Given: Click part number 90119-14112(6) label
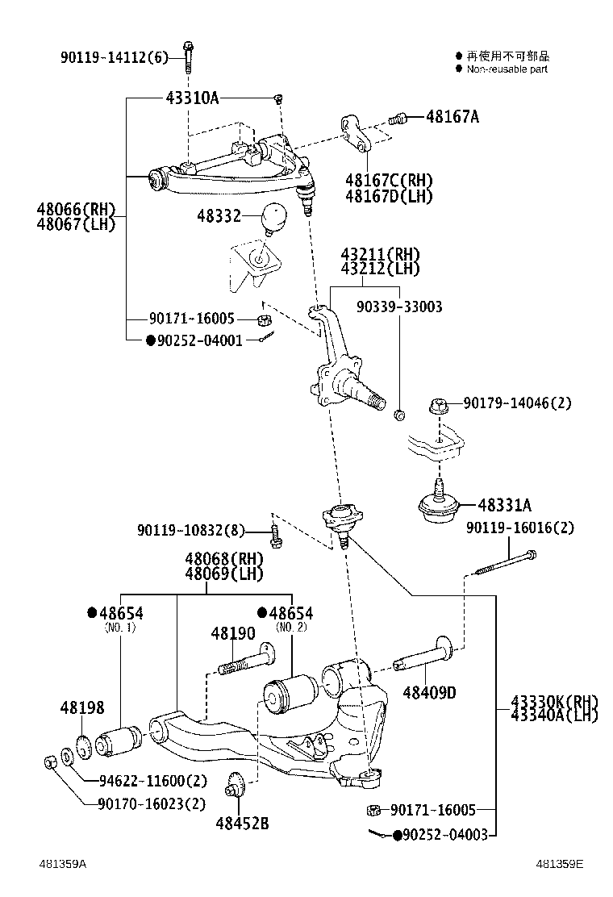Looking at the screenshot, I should click(x=115, y=57).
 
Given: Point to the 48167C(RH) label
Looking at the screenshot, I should click(x=389, y=180).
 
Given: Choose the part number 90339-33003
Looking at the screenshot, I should click(x=400, y=307).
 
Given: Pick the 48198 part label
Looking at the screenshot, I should click(x=81, y=707).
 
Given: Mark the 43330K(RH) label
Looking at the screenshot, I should click(x=553, y=700).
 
